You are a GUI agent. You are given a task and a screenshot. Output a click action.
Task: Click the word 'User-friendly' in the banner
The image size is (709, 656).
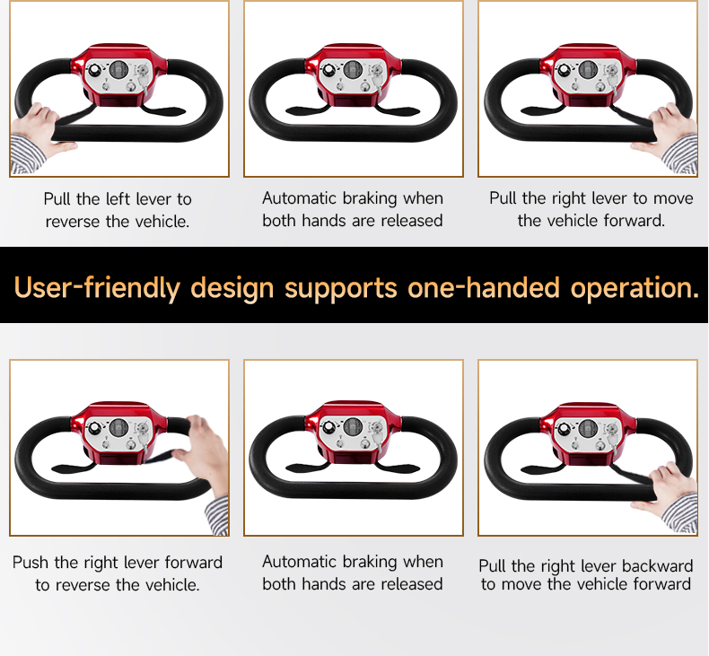pos(97,287)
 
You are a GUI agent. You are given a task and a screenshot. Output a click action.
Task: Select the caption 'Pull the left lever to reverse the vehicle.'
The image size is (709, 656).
pos(118,210)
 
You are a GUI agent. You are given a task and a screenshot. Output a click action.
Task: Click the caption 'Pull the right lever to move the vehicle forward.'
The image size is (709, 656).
pos(591,209)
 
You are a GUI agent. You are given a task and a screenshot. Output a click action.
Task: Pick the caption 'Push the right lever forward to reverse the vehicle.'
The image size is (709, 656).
pos(118,573)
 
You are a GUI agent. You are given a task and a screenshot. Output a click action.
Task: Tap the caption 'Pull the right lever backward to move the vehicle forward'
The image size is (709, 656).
pos(585,574)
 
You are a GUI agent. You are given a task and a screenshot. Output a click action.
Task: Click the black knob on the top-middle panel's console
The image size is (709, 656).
pos(328,70)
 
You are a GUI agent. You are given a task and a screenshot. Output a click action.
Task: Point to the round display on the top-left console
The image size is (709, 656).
pos(118,70)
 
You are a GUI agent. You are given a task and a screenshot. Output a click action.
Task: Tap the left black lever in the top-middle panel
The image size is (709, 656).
pos(308,109)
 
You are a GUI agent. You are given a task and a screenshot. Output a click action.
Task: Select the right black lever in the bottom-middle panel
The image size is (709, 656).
pos(398,468)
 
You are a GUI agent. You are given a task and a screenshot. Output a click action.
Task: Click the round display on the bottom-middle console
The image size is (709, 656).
pos(353,427)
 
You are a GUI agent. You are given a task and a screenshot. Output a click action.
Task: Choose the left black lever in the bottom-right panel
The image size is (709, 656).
pos(543,468)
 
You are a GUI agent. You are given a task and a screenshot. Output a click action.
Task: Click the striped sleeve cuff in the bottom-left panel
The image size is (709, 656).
pos(216,515)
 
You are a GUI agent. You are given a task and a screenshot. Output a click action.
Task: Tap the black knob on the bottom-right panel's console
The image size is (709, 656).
pos(564,428)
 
